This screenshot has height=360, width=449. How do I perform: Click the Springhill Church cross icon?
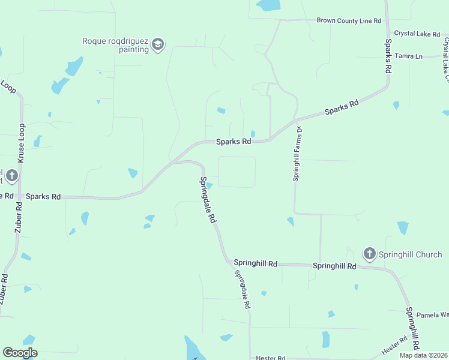coord(369,254)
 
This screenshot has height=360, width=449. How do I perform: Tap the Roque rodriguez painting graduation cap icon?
coord(158,45)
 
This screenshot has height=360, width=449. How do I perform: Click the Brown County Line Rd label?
coord(349,20)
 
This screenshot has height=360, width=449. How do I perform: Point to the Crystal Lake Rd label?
coord(418,34)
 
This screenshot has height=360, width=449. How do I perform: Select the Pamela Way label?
coord(433,314)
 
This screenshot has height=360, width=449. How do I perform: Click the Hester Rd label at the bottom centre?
coord(270,358)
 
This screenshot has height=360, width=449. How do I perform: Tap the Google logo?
coord(20,353)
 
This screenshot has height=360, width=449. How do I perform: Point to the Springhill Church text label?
coord(410,254)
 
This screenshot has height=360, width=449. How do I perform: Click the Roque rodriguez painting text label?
coord(116,45)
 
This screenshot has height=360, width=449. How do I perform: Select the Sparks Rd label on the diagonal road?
coord(342,107)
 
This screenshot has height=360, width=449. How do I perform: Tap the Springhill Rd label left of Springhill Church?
coord(255,263)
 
